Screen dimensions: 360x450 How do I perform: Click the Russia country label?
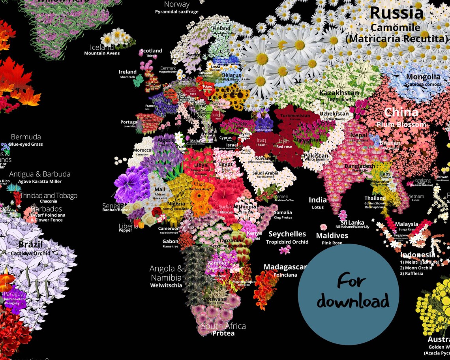pos(396,13)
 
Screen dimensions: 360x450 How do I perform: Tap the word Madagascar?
pos(285,267)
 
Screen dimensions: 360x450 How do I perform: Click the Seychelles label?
pos(287,234)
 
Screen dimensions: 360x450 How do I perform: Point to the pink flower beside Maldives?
pos(324,227)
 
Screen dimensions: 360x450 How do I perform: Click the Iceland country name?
pos(101,47)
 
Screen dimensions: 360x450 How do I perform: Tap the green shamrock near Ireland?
pos(138,81)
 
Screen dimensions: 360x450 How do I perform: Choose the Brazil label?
pos(30,244)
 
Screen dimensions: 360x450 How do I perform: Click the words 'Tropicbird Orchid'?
pos(287,242)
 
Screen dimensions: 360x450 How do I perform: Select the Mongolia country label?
pos(423,77)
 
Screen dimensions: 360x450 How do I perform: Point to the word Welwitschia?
pos(166,285)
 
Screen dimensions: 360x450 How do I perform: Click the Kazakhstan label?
pos(339,93)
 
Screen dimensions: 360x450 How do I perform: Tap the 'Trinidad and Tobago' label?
pos(49,196)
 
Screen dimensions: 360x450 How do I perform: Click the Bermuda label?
pos(26,137)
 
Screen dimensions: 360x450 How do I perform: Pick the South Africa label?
pos(223,326)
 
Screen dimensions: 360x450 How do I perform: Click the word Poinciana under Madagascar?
pos(285,275)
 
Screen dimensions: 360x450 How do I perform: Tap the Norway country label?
pos(177,4)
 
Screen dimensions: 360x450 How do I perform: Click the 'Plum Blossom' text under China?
pos(401,124)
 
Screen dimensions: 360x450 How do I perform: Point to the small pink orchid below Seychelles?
pos(285,249)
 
